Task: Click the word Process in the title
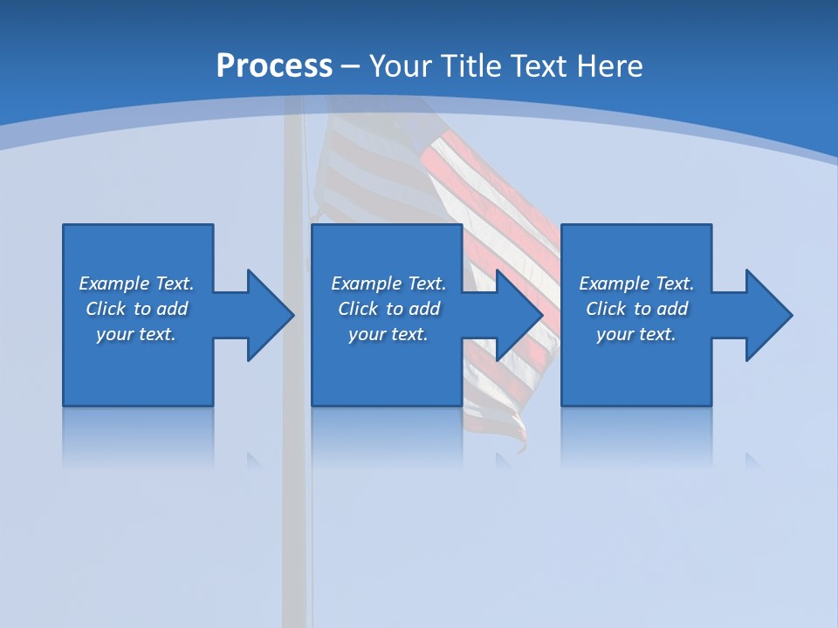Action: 274,66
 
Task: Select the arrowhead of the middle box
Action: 519,315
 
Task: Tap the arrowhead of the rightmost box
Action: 768,315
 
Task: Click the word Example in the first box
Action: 114,283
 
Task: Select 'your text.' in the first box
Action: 136,334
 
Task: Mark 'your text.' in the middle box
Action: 388,334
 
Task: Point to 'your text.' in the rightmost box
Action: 636,334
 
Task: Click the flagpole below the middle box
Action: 296,523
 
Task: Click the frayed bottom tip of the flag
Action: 521,445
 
